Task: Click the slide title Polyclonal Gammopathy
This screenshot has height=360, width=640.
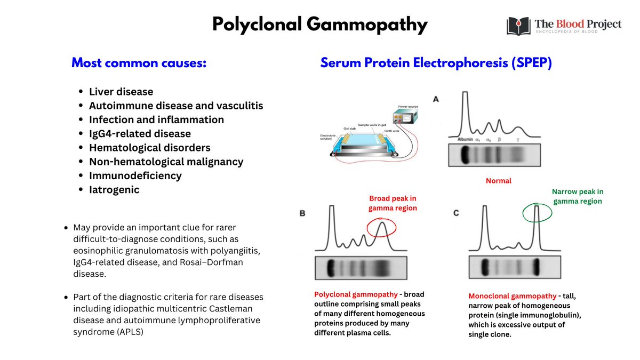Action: point(319,25)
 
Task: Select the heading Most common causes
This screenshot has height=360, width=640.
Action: point(139,63)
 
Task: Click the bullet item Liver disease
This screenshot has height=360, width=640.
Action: point(121,92)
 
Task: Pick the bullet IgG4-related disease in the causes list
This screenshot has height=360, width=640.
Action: point(140,133)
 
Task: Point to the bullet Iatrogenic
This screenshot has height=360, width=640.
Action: point(114,189)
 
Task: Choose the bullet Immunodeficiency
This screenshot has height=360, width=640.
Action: point(135,175)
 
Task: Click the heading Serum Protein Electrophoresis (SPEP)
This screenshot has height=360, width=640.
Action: point(436,63)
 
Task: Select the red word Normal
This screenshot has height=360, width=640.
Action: point(498,181)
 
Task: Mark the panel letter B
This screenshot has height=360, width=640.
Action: point(302,213)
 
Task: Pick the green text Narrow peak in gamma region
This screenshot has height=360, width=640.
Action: point(578,196)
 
